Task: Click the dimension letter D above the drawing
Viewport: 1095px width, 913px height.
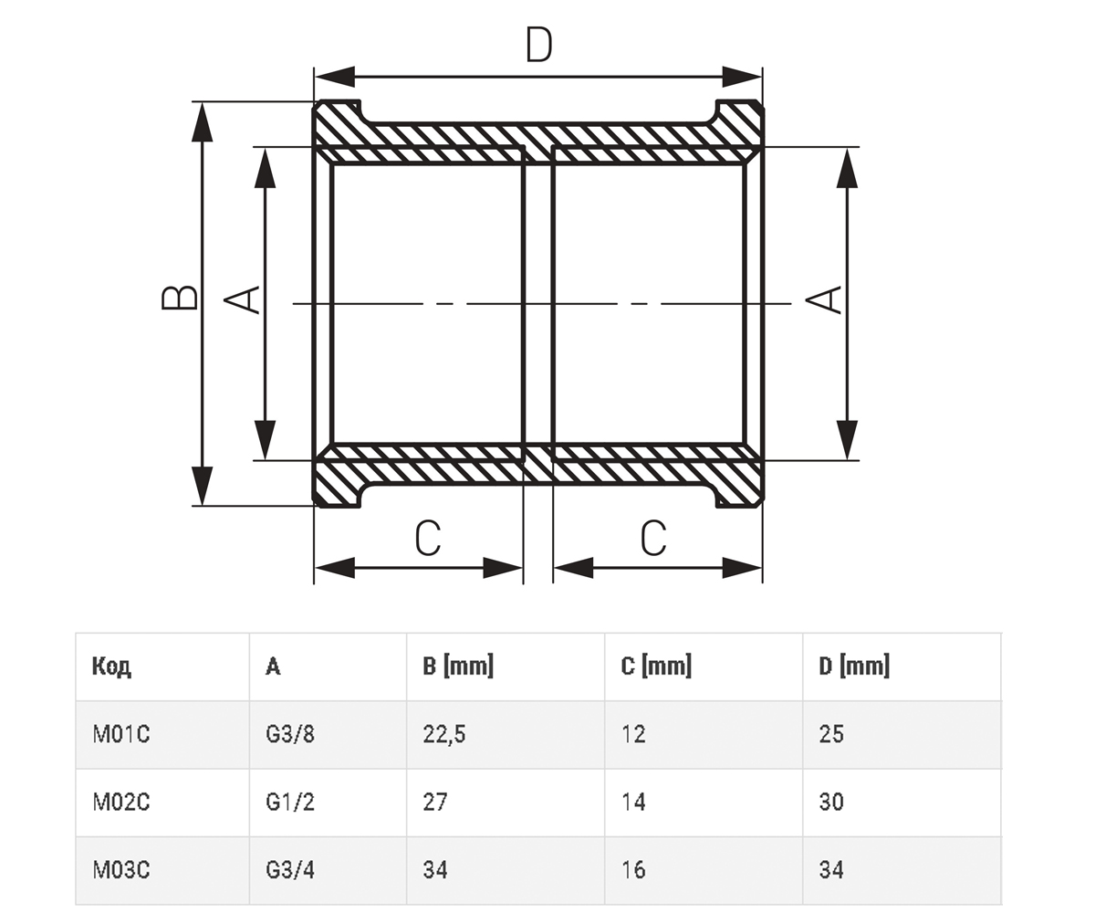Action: [x=538, y=45]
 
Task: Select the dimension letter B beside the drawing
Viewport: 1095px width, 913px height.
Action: [x=180, y=298]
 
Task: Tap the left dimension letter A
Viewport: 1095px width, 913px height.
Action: [x=242, y=299]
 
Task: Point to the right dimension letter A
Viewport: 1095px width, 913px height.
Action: [x=823, y=299]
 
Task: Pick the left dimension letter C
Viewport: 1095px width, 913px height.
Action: [x=428, y=539]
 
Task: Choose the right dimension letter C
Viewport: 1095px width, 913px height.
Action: [x=653, y=539]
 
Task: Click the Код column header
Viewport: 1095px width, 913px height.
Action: [x=111, y=666]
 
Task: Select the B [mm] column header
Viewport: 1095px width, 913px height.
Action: [x=458, y=666]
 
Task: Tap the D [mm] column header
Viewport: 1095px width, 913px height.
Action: [x=854, y=666]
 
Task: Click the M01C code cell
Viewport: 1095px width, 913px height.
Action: [x=121, y=734]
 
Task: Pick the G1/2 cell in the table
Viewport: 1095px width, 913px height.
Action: [x=290, y=802]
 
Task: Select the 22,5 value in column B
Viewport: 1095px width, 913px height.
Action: [x=444, y=734]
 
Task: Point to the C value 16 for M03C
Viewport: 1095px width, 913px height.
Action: [x=633, y=870]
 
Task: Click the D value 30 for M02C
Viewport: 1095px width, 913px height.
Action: [x=831, y=802]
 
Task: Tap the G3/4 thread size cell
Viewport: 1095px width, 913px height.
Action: [x=290, y=870]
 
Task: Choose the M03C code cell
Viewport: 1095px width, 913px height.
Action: [x=121, y=870]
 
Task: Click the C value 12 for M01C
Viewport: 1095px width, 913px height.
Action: [x=633, y=734]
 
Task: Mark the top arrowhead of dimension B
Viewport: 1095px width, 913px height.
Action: [x=202, y=121]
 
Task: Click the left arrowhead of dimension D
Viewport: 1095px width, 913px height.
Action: [x=335, y=77]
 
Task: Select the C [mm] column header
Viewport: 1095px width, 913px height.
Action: [x=656, y=666]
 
